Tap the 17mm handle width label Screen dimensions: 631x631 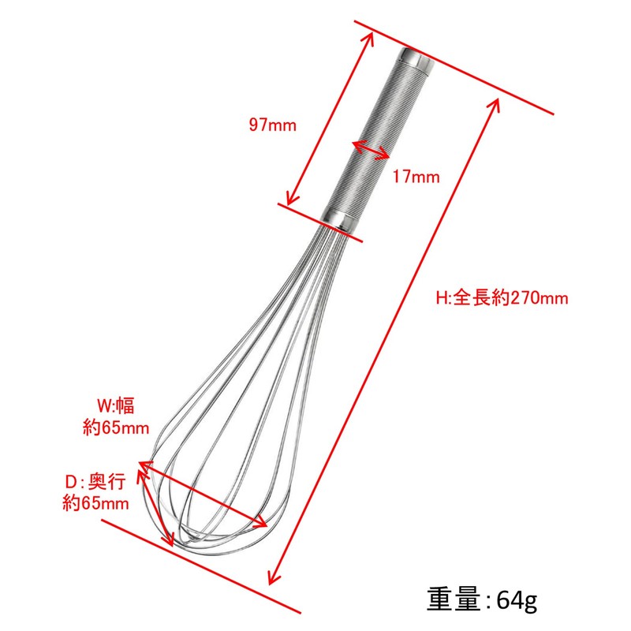[x=416, y=177]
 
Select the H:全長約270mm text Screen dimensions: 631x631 [x=502, y=298]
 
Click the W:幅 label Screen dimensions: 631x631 [x=115, y=407]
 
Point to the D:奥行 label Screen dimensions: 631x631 [x=95, y=481]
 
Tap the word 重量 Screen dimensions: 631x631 [x=454, y=600]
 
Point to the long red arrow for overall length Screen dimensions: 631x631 [x=386, y=339]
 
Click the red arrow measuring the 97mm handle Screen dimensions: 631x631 [x=330, y=118]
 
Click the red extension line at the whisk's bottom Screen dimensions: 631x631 [x=201, y=565]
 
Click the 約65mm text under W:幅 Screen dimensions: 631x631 [x=115, y=428]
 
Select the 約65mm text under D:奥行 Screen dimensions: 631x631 [x=95, y=503]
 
